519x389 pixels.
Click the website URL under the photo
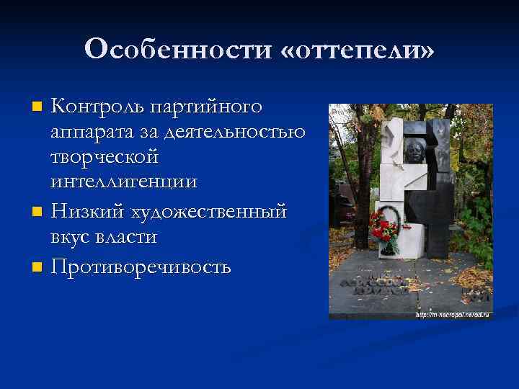pyautogui.click(x=451, y=315)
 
